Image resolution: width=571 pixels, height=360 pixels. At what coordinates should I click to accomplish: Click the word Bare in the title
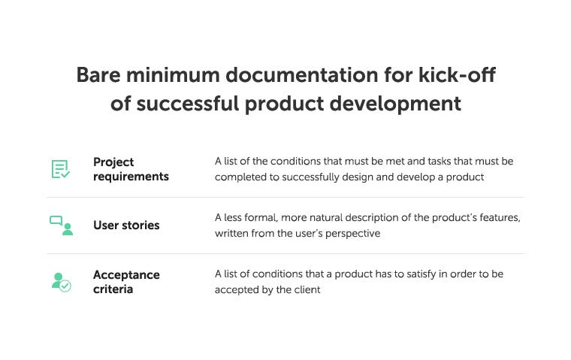coord(98,75)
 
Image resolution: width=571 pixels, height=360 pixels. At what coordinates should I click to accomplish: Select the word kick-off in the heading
coord(457,74)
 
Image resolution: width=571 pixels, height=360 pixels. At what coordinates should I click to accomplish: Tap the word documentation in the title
coord(302,75)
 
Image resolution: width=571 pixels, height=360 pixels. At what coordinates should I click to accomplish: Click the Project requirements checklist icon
coord(60,169)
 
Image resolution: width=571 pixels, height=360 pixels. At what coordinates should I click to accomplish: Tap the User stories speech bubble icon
coord(61,225)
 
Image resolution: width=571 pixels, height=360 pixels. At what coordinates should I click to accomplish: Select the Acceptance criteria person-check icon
coord(61,282)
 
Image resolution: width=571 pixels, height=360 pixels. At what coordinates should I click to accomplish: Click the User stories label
coord(126,225)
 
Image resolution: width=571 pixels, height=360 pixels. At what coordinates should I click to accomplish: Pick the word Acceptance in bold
coord(126,275)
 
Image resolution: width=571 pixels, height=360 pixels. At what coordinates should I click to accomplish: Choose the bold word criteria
coord(113,289)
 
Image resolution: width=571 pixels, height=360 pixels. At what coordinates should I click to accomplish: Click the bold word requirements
coord(131,177)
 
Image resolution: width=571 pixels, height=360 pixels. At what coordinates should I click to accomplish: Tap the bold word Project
coord(113,162)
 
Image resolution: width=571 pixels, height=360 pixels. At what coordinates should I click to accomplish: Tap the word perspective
coord(352,234)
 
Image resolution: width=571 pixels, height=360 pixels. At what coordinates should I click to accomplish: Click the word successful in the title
coord(188,104)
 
